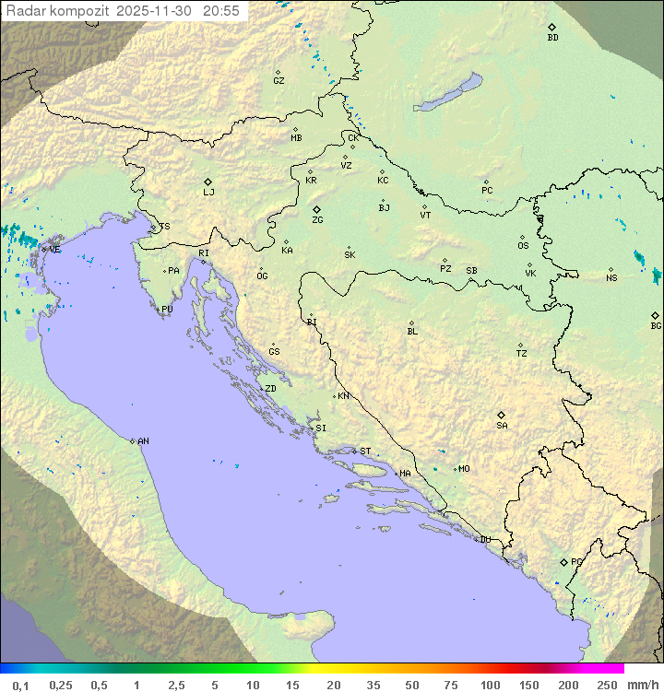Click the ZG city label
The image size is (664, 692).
317,220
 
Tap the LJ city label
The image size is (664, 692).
208,193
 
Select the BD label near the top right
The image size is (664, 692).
552,38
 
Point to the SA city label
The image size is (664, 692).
502,426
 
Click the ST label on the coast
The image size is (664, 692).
365,452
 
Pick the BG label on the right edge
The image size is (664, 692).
656,325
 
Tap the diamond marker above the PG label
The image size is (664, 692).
563,561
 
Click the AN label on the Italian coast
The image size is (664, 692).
143,441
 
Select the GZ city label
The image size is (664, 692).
279,81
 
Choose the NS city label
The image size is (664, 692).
611,278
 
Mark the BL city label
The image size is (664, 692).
412,332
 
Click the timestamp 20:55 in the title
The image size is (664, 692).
220,10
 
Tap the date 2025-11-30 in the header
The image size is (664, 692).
157,10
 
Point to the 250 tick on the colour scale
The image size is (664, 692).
606,685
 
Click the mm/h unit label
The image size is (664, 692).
641,685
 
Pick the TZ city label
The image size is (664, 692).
522,354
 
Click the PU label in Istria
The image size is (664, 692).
167,310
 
